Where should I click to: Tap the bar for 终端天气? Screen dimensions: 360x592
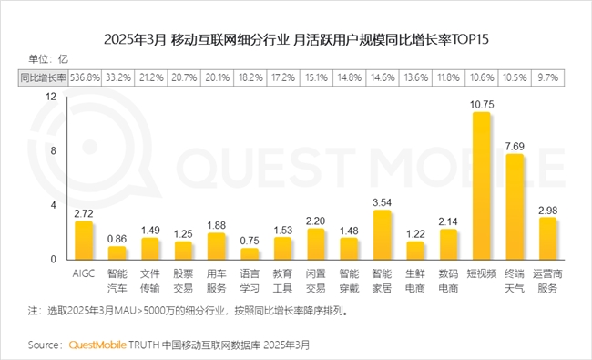(x=515, y=207)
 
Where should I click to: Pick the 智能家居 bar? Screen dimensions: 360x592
(x=382, y=235)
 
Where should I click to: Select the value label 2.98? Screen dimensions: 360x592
(x=547, y=211)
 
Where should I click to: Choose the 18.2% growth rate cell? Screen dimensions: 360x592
(x=249, y=78)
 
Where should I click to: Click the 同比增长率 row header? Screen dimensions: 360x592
(x=41, y=78)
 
